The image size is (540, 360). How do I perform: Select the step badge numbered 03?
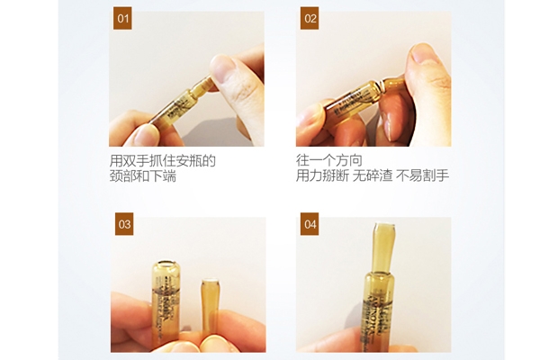(x=123, y=224)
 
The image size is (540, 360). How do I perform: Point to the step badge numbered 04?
(x=310, y=224)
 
